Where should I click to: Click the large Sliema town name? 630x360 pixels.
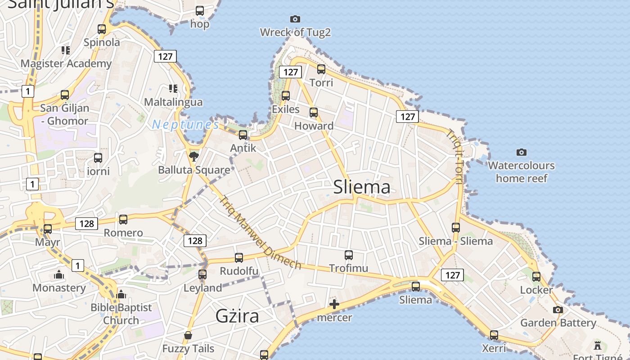(x=362, y=187)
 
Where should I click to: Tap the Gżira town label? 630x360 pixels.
(x=237, y=316)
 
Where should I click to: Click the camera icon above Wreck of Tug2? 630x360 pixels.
(x=295, y=19)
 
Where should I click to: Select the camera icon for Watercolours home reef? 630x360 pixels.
(x=522, y=152)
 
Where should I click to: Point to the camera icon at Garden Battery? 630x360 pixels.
(x=558, y=310)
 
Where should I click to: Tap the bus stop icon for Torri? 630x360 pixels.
(x=321, y=69)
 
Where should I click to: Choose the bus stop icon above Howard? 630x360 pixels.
(x=314, y=112)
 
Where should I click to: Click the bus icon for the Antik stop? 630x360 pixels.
(x=243, y=135)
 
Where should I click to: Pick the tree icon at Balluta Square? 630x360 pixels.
(x=194, y=157)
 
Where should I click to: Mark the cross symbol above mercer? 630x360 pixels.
(x=334, y=304)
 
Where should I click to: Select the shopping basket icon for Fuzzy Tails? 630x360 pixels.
(x=188, y=335)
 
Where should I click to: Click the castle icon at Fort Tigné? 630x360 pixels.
(x=598, y=346)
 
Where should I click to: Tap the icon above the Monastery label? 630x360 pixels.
(x=59, y=274)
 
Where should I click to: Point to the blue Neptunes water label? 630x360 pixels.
(x=185, y=125)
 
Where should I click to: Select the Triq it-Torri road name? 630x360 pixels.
(x=455, y=157)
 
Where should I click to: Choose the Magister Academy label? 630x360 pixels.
(x=66, y=63)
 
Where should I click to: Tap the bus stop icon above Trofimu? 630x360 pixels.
(x=349, y=255)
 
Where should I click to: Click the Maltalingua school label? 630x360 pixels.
(x=173, y=102)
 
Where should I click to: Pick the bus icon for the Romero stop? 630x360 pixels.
(x=123, y=220)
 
